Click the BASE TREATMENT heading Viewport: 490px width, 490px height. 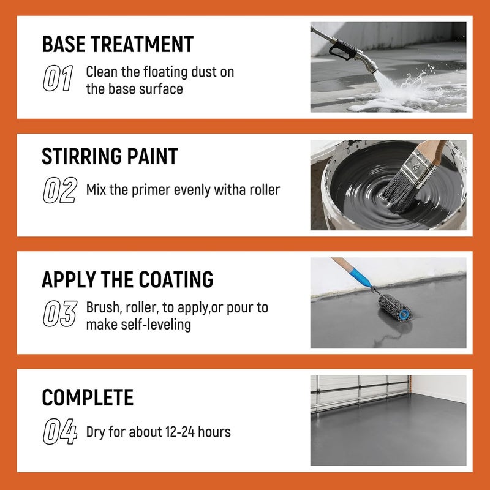[117, 44]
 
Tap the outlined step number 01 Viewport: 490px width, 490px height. [58, 80]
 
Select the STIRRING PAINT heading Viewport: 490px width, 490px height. [110, 156]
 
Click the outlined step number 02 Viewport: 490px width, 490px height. [59, 190]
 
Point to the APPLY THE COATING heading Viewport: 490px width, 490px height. [127, 279]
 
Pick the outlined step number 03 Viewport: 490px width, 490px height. [59, 314]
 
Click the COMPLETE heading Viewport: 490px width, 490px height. [88, 398]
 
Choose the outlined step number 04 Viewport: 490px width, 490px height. [59, 432]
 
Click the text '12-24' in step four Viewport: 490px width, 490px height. [181, 432]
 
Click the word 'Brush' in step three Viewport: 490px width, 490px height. [102, 307]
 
